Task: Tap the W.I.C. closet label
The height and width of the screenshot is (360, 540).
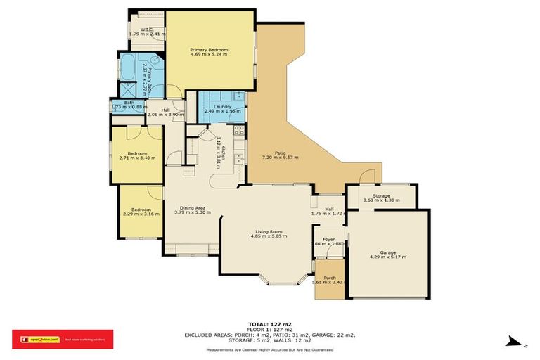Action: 147,30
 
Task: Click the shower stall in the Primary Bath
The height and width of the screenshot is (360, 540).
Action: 127,90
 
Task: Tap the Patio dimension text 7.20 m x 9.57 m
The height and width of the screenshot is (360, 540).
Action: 280,157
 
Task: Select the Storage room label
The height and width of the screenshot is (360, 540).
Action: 381,196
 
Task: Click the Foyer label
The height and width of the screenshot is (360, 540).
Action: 328,239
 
